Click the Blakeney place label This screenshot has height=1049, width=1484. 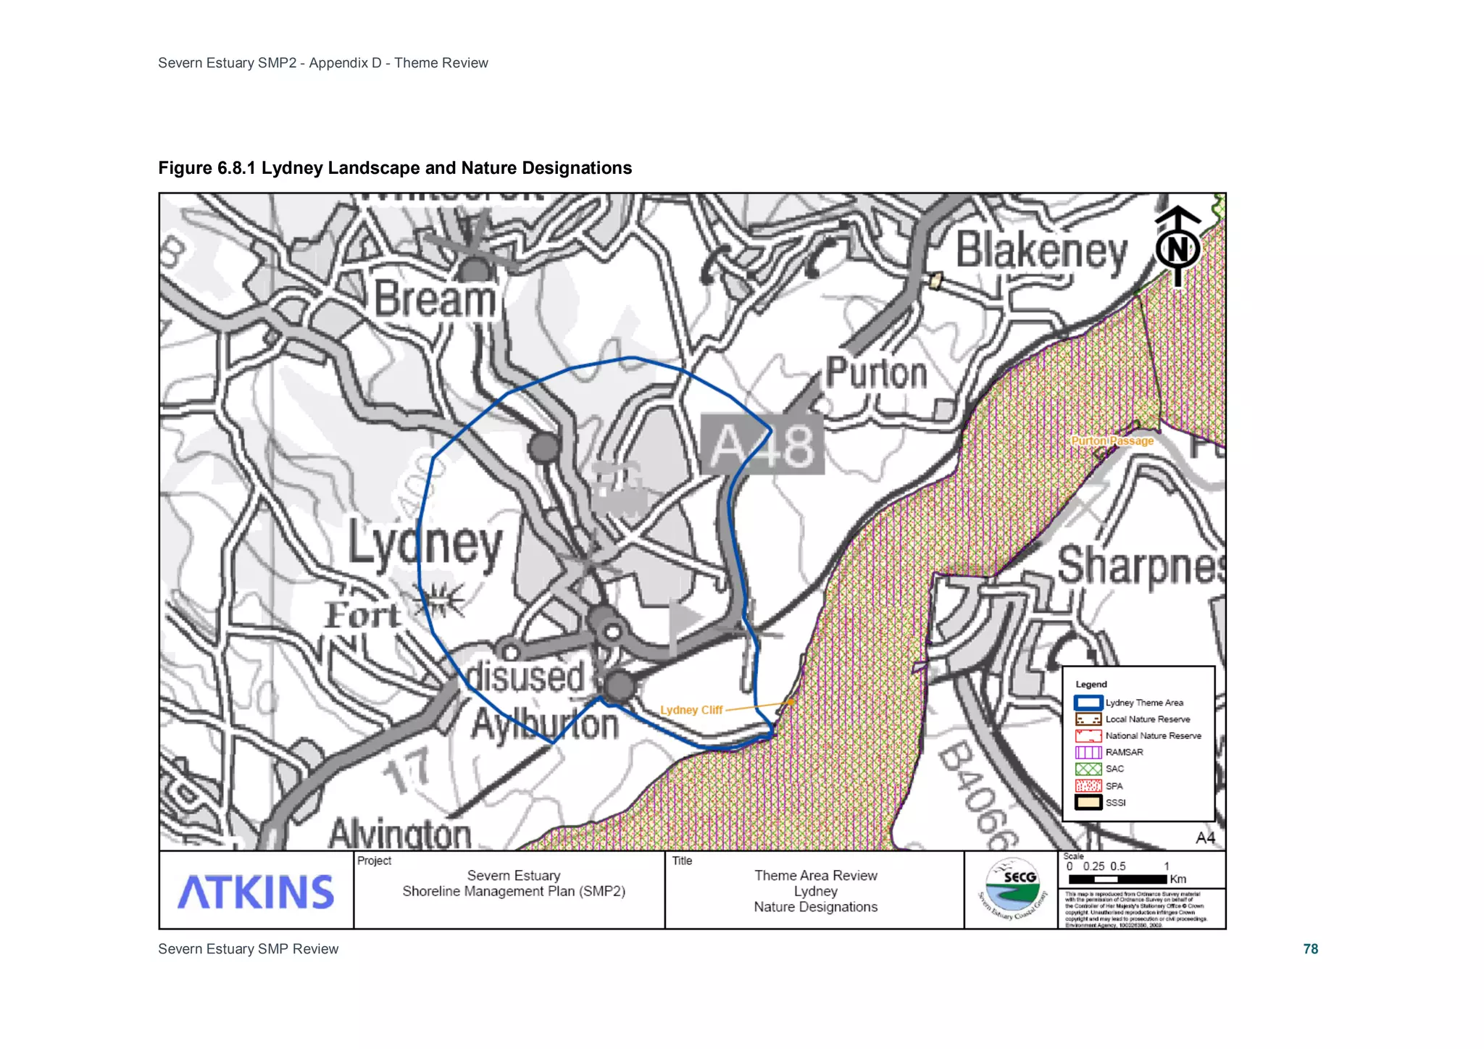click(1041, 251)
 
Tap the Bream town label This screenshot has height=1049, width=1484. click(435, 299)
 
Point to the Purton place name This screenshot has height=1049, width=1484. click(877, 373)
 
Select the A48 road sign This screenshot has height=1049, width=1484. click(762, 445)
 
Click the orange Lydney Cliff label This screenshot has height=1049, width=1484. click(691, 710)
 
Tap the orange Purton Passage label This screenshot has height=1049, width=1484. click(1112, 440)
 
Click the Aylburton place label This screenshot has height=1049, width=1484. click(545, 724)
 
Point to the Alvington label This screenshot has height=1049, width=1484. click(400, 833)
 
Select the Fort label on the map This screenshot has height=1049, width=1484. click(362, 616)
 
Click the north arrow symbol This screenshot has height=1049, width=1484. click(1177, 246)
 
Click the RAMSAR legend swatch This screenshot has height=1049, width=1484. click(1088, 752)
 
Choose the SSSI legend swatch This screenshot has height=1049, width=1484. click(1088, 803)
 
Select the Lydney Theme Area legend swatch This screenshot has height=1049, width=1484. click(1088, 703)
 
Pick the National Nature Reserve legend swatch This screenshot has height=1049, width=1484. click(1088, 735)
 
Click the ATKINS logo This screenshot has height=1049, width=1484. click(256, 891)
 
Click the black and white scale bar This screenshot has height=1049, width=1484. click(1117, 879)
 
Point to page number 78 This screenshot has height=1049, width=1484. click(1310, 949)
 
